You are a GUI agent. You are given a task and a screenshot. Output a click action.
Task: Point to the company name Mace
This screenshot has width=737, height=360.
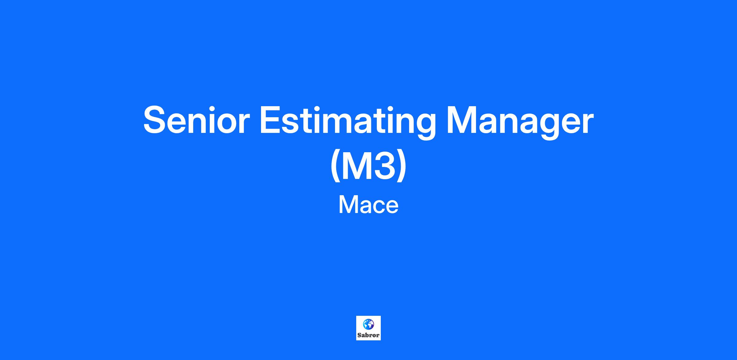[368, 205]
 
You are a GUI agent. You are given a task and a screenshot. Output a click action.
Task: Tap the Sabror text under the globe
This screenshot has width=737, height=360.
[368, 335]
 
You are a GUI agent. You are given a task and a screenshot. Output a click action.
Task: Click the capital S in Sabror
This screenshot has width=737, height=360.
[359, 335]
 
